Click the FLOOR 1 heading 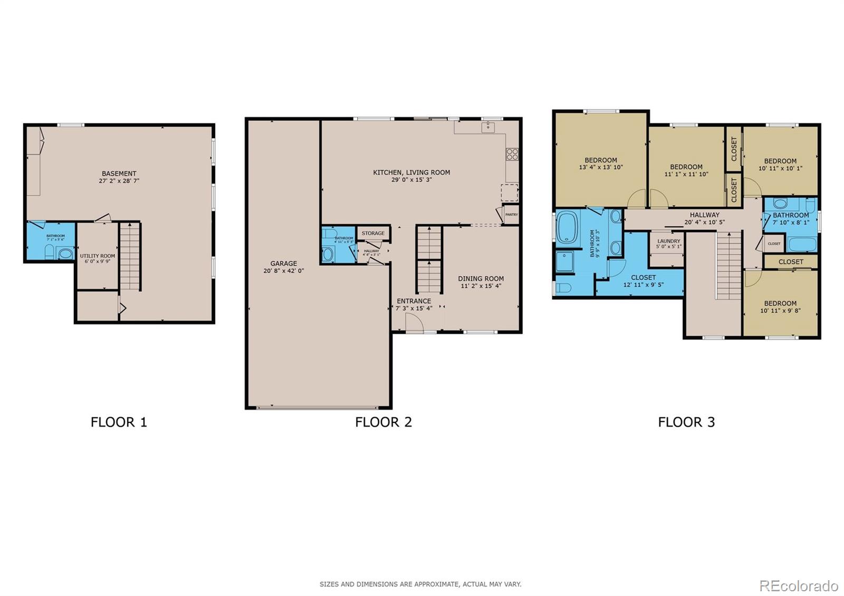pos(119,422)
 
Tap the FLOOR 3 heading pos(686,422)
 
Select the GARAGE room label pos(284,264)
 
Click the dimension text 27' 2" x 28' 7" pos(119,181)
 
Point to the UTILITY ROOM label pos(98,256)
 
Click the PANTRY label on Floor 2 pos(511,215)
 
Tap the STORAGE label pos(373,233)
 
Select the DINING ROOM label pos(481,278)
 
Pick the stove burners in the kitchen pos(512,154)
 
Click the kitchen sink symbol pos(488,126)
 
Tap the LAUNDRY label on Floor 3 pos(668,241)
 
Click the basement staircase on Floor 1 pos(130,256)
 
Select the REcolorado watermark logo pos(798,585)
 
